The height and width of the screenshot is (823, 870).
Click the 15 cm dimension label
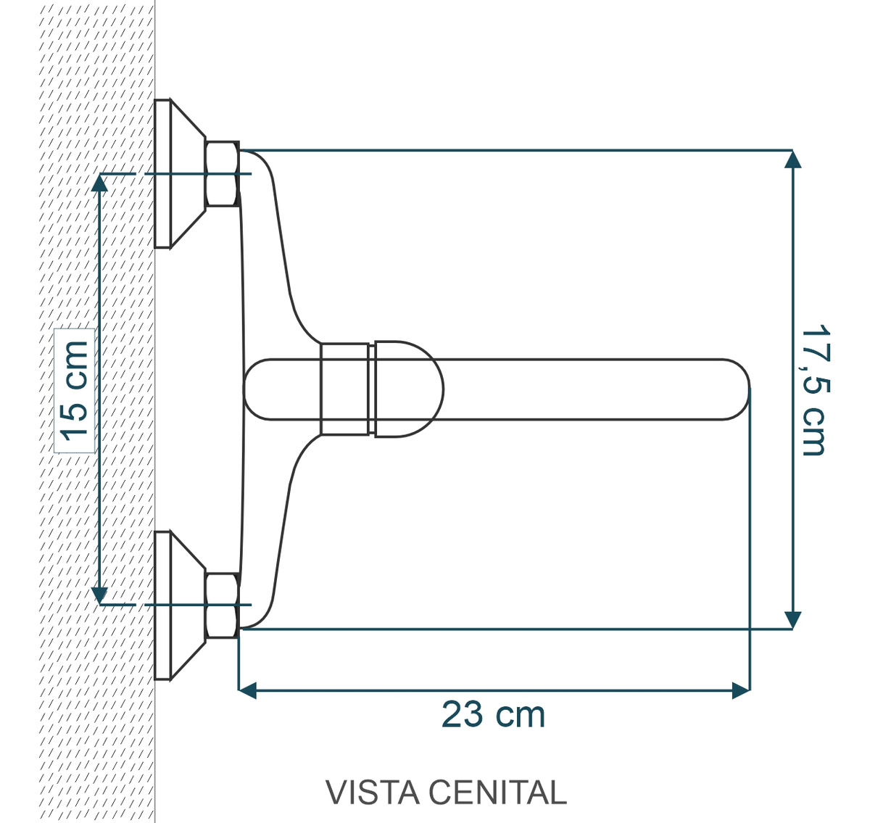(75, 390)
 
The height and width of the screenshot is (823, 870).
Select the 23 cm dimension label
(493, 715)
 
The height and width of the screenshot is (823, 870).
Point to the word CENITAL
(496, 793)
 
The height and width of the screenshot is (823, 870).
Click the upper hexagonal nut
(221, 174)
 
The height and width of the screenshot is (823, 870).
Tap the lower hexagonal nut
(221, 605)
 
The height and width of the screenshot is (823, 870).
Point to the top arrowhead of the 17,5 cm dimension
(794, 159)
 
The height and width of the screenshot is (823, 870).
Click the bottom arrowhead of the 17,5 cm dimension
(794, 620)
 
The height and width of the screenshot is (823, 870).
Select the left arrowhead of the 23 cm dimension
(248, 690)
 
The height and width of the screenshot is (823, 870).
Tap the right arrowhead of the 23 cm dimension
(740, 690)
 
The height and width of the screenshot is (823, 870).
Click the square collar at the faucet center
(344, 389)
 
